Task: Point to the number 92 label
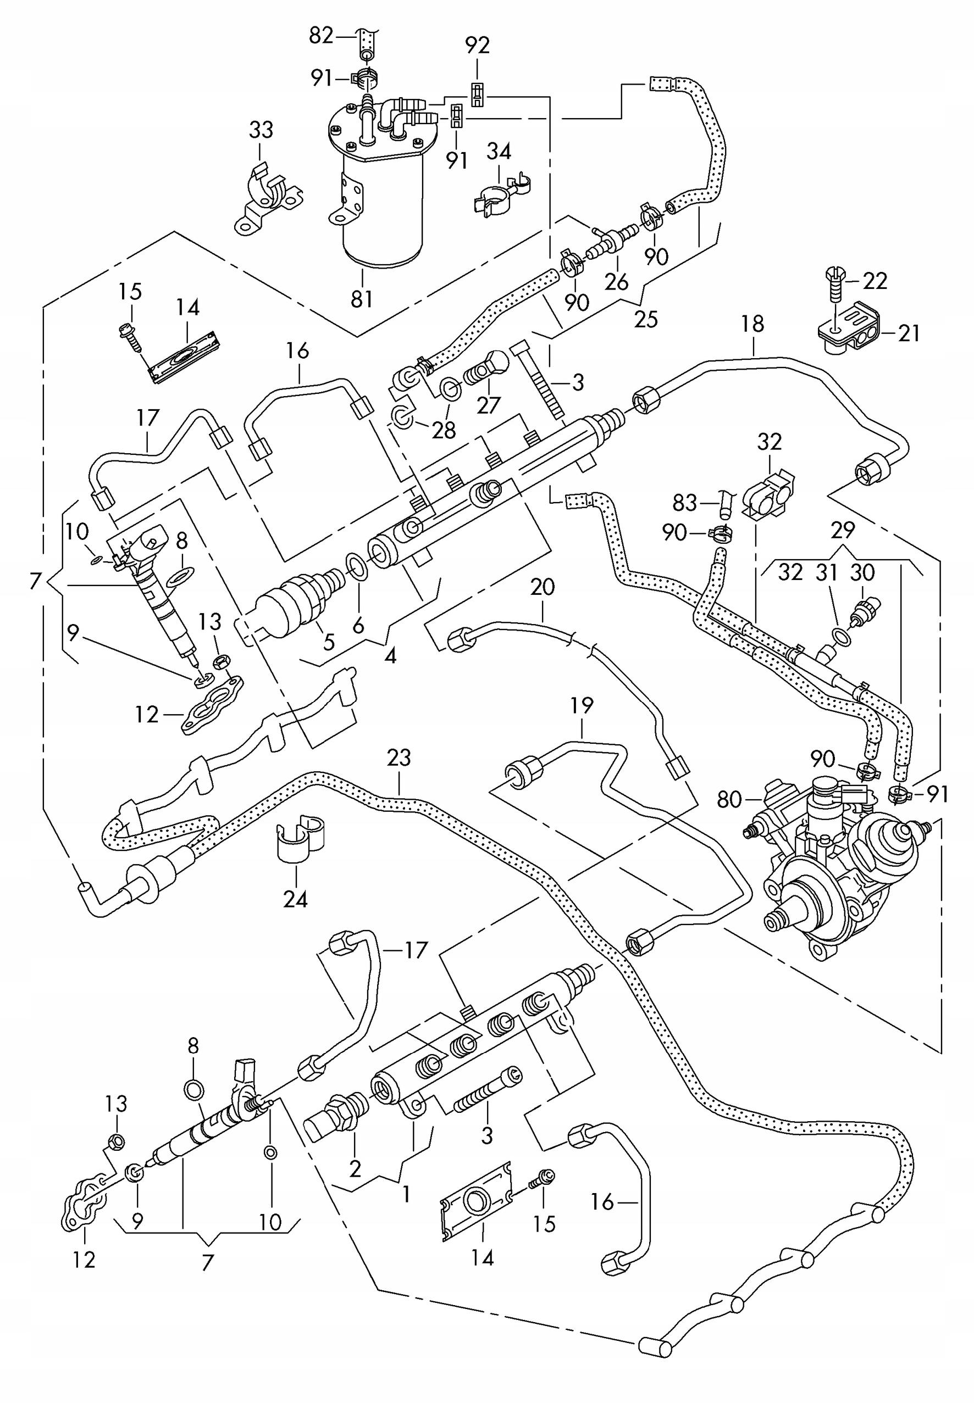click(477, 46)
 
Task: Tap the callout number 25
click(646, 320)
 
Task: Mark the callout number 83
click(684, 503)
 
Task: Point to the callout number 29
click(843, 531)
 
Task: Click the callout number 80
click(728, 799)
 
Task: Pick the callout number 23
click(399, 758)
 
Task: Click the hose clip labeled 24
click(299, 842)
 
